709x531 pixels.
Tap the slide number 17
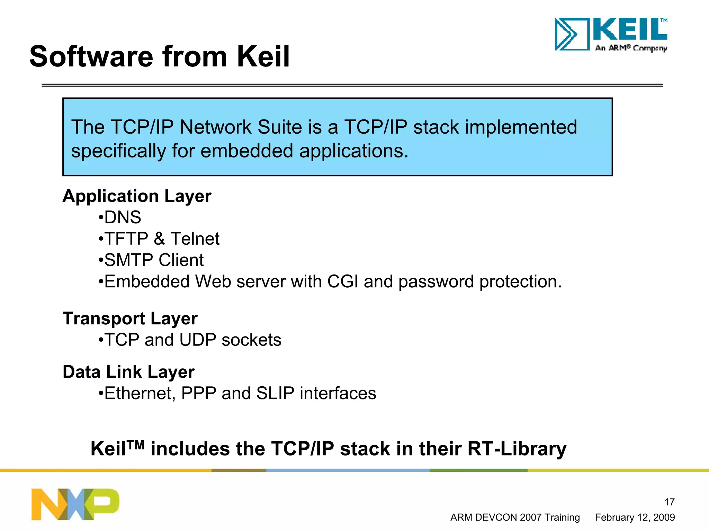[669, 502]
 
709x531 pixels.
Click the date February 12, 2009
[635, 517]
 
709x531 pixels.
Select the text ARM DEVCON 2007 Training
[515, 517]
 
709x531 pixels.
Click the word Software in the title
[91, 56]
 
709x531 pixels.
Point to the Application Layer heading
[137, 196]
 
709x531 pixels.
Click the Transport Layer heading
[130, 318]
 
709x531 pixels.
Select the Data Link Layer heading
[128, 372]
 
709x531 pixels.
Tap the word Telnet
[195, 239]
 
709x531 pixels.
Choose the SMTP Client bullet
[154, 260]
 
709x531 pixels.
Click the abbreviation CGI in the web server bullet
[342, 281]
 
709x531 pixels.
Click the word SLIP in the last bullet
[275, 394]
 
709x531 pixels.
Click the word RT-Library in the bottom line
[517, 449]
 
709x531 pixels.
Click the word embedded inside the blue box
[247, 151]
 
